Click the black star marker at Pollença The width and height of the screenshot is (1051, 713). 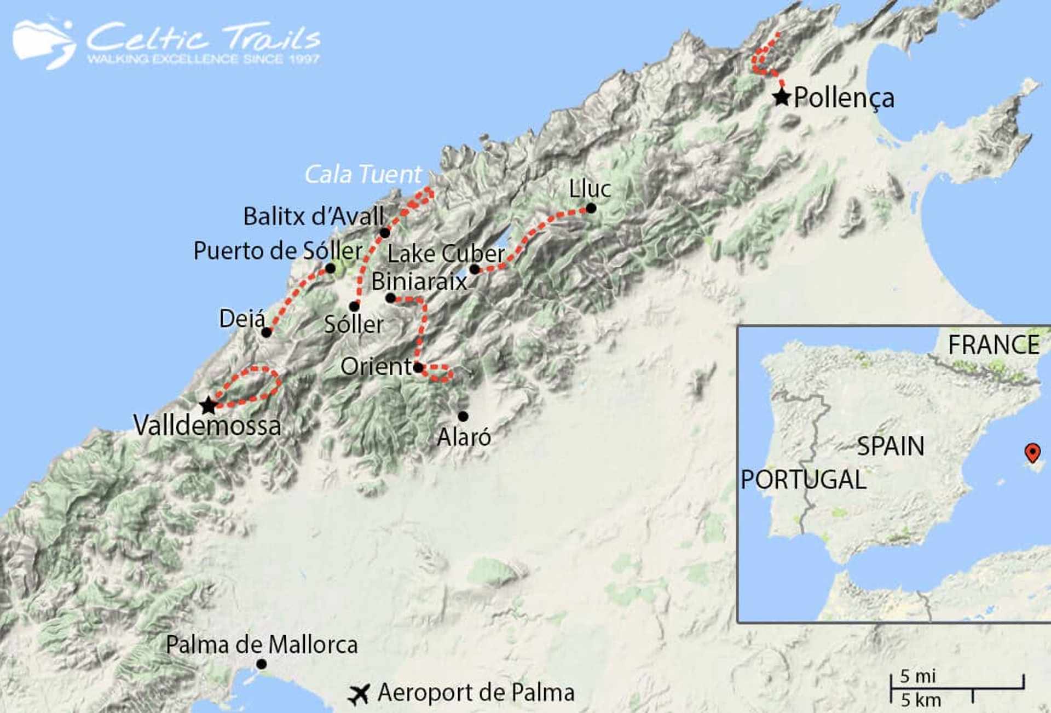point(782,97)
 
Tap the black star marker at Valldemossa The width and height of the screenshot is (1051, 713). point(208,406)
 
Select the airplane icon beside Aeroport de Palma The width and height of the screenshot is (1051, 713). point(360,694)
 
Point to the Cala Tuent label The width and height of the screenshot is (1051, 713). point(363,175)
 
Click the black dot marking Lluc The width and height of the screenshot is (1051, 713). point(591,208)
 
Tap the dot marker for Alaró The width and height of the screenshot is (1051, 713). point(463,416)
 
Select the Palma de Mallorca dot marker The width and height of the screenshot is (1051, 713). point(262,664)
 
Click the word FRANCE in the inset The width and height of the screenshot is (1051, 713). point(993,345)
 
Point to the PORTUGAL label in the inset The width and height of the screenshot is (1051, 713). point(803,480)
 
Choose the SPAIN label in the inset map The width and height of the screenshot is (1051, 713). point(890,446)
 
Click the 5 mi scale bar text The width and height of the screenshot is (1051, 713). point(918,676)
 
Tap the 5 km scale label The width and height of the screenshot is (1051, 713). point(921,700)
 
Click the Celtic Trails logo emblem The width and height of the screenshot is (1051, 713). point(44,44)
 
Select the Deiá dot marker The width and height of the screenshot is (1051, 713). point(266,332)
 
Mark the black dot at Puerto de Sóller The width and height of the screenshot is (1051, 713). point(330,268)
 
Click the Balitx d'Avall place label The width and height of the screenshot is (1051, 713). point(313,216)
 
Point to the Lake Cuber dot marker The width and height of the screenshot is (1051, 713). point(475,269)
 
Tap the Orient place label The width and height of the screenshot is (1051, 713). point(375,366)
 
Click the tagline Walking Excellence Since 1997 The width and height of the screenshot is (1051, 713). point(203,59)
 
